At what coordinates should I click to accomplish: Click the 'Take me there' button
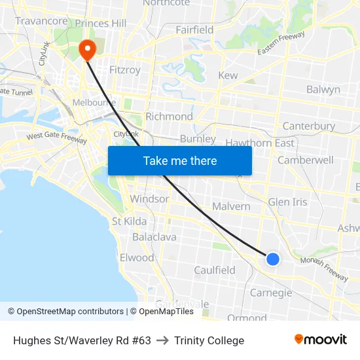(180, 160)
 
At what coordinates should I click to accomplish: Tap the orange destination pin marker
(86, 50)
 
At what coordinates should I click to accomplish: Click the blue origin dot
(273, 259)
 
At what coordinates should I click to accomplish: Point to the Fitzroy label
(125, 69)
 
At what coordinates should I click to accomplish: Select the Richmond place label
(169, 117)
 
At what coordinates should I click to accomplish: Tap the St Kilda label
(129, 221)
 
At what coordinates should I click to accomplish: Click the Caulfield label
(214, 270)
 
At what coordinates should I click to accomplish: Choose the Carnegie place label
(271, 293)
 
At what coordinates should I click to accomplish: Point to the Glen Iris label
(287, 202)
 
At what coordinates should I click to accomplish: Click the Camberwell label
(305, 160)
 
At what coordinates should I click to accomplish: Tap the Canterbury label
(308, 126)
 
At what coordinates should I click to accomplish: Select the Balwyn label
(323, 89)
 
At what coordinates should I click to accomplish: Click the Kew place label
(228, 76)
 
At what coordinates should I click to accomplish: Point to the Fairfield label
(194, 30)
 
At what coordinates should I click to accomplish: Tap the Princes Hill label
(101, 24)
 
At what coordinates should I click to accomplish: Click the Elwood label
(137, 257)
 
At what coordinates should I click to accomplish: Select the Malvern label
(231, 206)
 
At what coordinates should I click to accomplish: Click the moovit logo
(321, 340)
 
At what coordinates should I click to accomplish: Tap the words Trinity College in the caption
(209, 340)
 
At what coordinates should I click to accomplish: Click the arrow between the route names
(162, 340)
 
